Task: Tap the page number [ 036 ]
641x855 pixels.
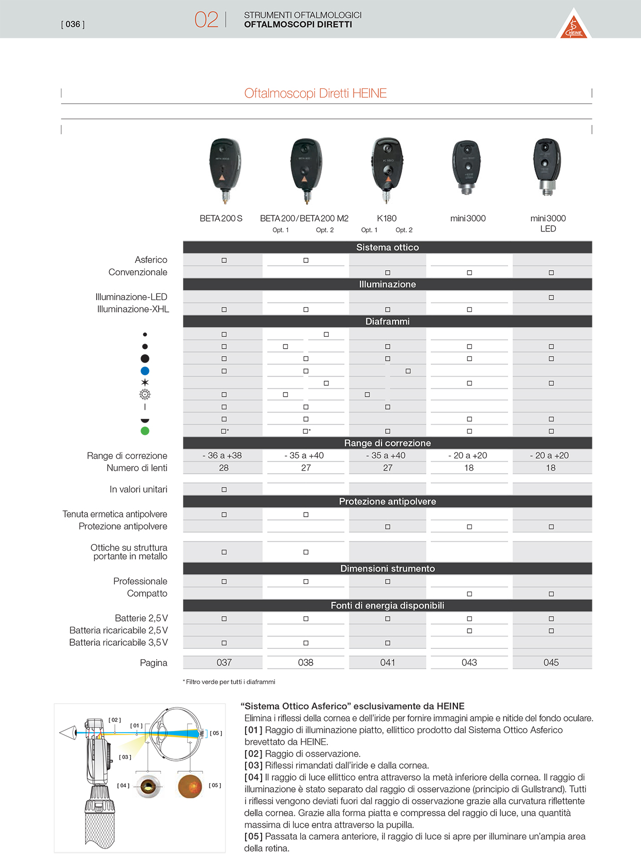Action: [73, 24]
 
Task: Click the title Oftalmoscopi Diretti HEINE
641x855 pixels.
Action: [315, 94]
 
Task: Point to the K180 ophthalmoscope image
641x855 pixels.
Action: [387, 169]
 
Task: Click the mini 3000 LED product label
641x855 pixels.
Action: [548, 223]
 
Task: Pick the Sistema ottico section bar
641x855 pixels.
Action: [387, 247]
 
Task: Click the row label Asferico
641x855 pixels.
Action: [151, 260]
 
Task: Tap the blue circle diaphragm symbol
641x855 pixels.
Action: [145, 371]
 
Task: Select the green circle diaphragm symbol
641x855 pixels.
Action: [145, 431]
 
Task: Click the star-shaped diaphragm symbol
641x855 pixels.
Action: [145, 383]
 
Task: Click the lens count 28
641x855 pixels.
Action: [224, 468]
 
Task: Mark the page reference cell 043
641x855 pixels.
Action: [469, 663]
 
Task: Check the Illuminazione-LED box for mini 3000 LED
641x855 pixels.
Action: [551, 298]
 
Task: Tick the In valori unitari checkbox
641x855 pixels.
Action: [224, 490]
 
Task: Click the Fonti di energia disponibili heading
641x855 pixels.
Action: [387, 605]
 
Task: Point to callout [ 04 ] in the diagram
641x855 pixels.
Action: [123, 786]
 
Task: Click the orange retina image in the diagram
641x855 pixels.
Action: [190, 786]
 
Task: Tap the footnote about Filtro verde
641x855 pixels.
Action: [229, 682]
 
